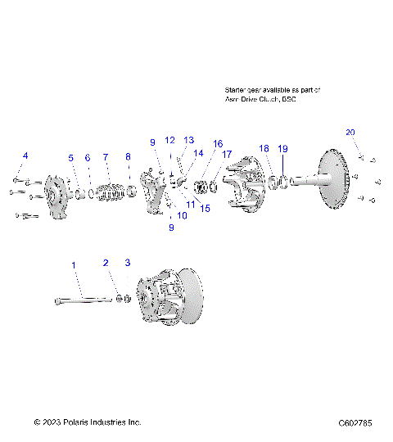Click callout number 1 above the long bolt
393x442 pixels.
tap(75, 265)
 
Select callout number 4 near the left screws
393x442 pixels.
tap(25, 156)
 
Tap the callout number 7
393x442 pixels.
tap(105, 156)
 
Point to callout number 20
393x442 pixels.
tap(350, 133)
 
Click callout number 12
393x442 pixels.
tap(169, 140)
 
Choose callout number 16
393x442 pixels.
tap(218, 143)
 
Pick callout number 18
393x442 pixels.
tap(264, 148)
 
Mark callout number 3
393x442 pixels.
tap(127, 263)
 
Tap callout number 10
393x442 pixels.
tap(182, 215)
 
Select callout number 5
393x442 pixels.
tap(71, 157)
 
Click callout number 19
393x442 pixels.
tap(282, 148)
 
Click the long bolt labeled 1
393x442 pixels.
tap(82, 301)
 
